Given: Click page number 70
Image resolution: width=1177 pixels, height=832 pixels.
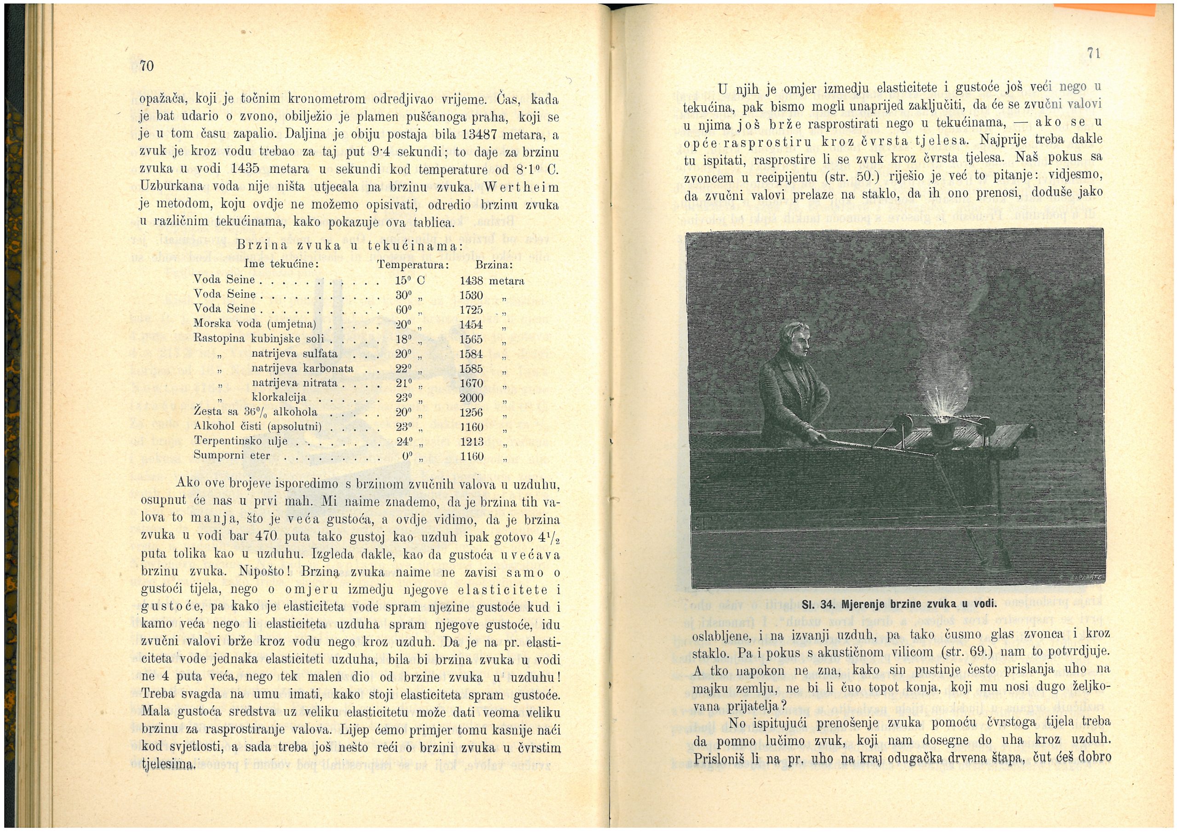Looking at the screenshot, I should (x=148, y=66).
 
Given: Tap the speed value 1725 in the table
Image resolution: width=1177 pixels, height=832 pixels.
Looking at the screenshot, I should (x=472, y=310).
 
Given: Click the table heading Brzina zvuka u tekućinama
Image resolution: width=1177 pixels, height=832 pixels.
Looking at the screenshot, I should (x=351, y=245).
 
